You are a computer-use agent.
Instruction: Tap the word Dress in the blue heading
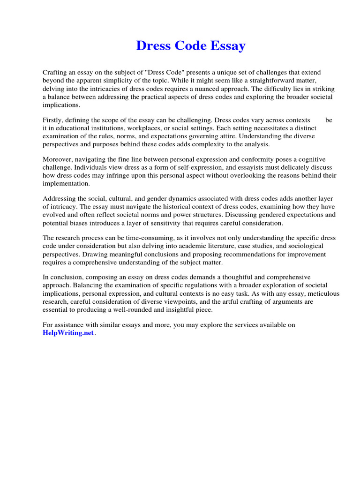154,46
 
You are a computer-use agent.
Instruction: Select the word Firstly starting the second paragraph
54,120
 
